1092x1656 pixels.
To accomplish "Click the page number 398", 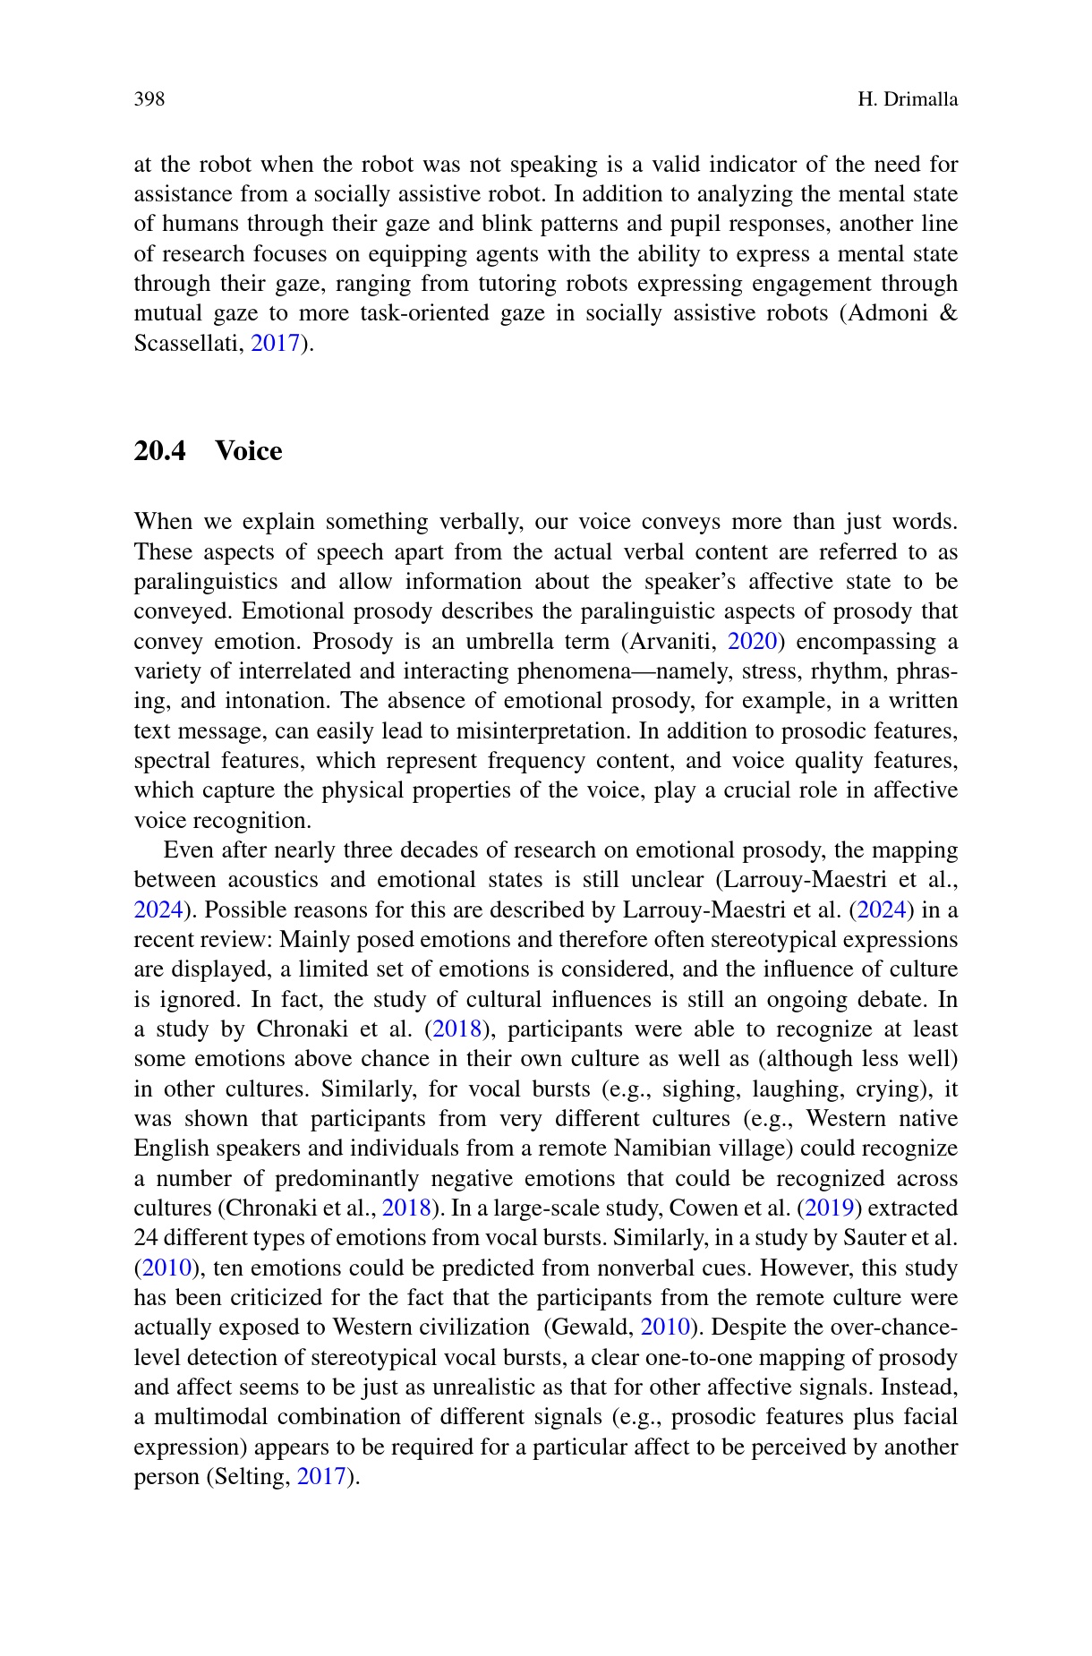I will coord(149,99).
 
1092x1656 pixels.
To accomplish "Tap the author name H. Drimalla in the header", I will coord(907,99).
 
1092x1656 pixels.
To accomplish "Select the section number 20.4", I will coord(159,451).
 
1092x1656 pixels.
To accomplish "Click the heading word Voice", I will coord(249,451).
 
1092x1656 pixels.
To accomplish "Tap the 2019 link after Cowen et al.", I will coord(829,1208).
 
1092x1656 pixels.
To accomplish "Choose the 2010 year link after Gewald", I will coord(665,1327).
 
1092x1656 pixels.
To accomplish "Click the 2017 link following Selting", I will coord(320,1477).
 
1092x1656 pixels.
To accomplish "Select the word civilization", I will coord(476,1327).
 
